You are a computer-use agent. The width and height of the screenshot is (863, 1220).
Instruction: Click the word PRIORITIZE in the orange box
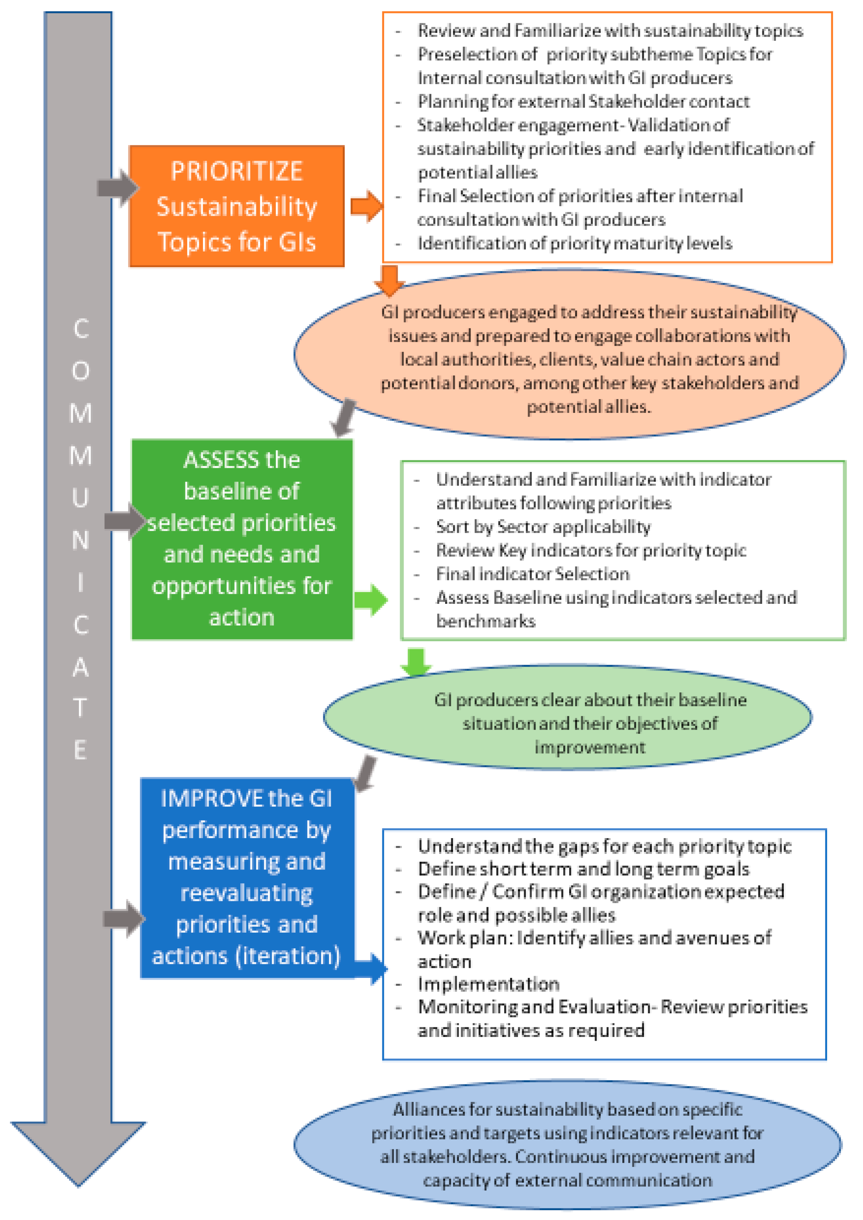pyautogui.click(x=237, y=171)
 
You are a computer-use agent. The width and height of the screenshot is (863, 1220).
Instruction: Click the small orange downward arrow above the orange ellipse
pyautogui.click(x=389, y=280)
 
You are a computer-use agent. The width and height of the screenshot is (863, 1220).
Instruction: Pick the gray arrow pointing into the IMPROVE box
pyautogui.click(x=124, y=919)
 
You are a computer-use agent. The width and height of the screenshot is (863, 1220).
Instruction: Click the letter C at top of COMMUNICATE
pyautogui.click(x=81, y=329)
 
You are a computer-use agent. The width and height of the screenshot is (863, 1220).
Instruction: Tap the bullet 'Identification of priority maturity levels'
pyautogui.click(x=574, y=243)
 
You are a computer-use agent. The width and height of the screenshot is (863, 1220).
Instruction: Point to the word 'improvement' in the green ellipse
pyautogui.click(x=589, y=748)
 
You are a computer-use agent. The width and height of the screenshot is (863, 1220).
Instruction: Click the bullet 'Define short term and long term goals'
pyautogui.click(x=583, y=869)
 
